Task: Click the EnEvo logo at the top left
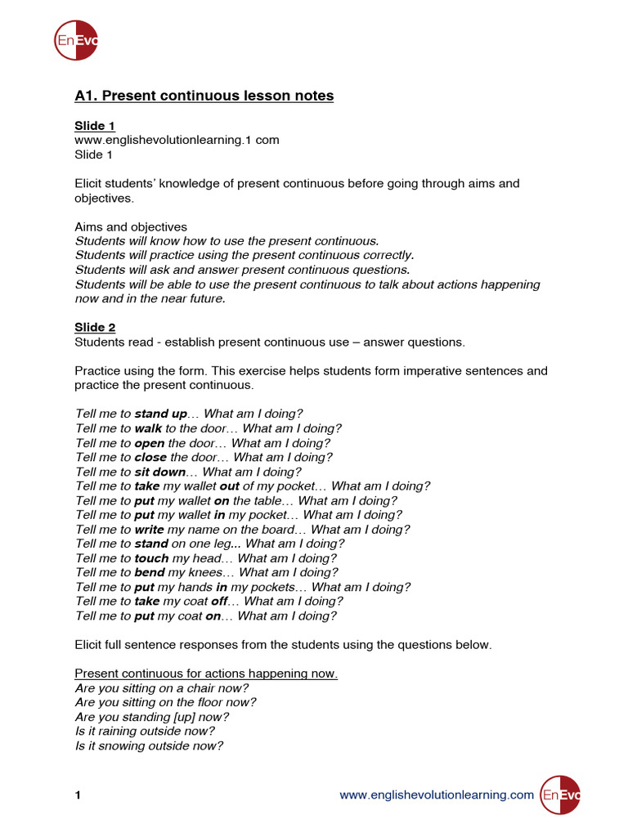point(76,39)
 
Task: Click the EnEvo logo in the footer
point(560,794)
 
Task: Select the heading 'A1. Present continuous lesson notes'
point(204,96)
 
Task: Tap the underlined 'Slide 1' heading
point(95,126)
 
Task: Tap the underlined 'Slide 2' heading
point(95,328)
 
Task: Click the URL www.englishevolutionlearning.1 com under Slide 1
point(177,140)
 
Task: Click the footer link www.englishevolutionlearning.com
point(436,794)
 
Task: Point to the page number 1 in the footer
point(78,794)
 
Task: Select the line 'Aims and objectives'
point(131,226)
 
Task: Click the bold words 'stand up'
point(160,414)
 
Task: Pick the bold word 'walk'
point(148,428)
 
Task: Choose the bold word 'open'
point(150,443)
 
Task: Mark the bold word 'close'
point(150,458)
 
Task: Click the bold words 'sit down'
point(159,472)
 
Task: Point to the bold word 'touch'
point(151,558)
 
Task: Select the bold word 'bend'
point(150,573)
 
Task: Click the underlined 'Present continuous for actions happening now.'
point(206,674)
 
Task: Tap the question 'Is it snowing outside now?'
point(149,745)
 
